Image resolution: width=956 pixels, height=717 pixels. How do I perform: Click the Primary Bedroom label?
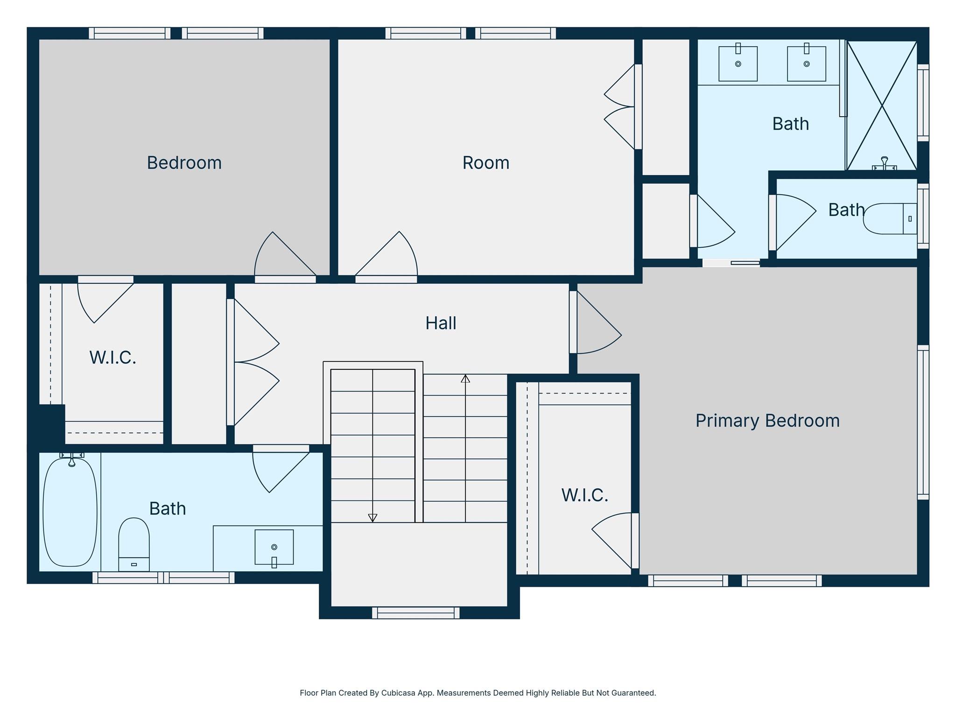click(x=767, y=421)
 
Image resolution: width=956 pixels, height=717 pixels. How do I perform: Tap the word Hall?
click(x=440, y=323)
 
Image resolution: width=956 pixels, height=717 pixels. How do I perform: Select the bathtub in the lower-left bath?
click(x=70, y=512)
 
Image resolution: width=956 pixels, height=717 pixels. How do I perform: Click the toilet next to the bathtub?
click(x=134, y=544)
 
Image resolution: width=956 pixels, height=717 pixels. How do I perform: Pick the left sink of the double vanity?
click(x=738, y=63)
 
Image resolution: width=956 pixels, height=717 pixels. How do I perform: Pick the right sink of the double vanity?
click(x=806, y=63)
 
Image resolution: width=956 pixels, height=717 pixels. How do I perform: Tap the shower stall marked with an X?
click(x=881, y=105)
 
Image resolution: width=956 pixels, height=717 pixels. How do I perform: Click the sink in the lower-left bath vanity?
click(x=274, y=547)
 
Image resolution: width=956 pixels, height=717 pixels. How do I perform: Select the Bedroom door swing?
click(x=280, y=257)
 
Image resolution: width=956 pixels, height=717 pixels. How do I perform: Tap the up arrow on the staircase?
click(x=465, y=379)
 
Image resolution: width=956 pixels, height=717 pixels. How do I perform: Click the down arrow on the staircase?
click(x=372, y=517)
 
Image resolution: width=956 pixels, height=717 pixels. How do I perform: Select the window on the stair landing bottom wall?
click(x=415, y=612)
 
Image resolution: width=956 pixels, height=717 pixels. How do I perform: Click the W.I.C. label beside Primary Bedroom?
click(x=584, y=495)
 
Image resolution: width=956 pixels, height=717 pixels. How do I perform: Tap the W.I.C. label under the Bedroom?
click(x=112, y=358)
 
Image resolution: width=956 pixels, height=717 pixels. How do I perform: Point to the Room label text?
click(x=485, y=163)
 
